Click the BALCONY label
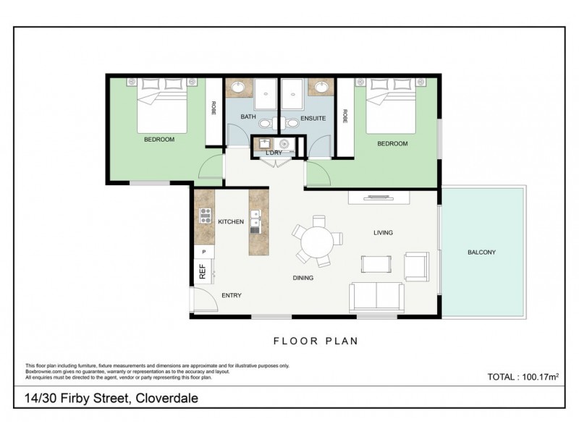click(x=481, y=252)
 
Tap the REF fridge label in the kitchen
click(x=203, y=272)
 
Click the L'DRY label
click(x=274, y=153)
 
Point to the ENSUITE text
click(x=311, y=117)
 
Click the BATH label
click(x=248, y=117)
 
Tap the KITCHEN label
click(x=230, y=222)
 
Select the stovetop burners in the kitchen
click(x=205, y=215)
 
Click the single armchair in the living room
click(x=417, y=265)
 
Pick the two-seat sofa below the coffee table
click(x=376, y=297)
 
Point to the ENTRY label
click(x=231, y=295)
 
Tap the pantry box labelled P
click(x=204, y=252)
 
